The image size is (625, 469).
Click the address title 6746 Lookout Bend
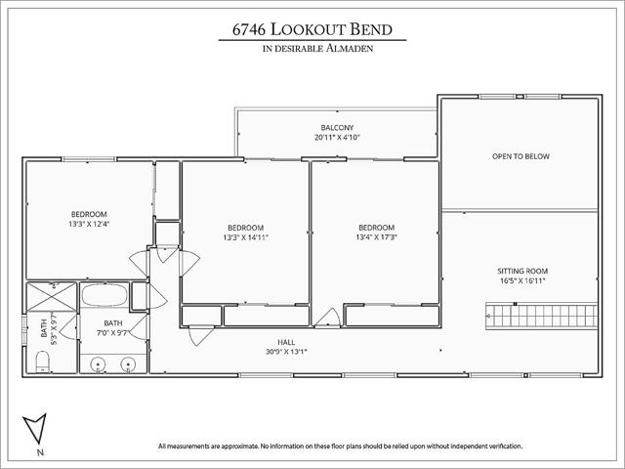tap(312, 29)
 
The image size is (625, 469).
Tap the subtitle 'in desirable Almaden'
tap(317, 49)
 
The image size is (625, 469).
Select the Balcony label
tap(337, 128)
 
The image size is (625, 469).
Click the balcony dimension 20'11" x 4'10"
tap(337, 137)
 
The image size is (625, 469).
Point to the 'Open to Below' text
tap(521, 156)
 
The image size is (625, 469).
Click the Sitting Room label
tap(522, 271)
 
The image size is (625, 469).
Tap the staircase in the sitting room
tap(542, 316)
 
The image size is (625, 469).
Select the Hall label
tap(286, 342)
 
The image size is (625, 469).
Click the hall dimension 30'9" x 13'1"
tap(286, 352)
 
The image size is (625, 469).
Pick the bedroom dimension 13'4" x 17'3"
tap(377, 237)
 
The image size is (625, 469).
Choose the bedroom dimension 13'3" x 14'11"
tap(245, 237)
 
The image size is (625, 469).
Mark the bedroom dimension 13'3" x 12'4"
tap(89, 224)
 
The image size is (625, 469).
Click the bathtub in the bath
tap(104, 295)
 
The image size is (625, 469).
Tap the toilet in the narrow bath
tap(42, 362)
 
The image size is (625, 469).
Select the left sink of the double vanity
tap(98, 364)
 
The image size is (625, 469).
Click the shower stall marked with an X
tap(52, 297)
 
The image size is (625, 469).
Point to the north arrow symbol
tap(35, 428)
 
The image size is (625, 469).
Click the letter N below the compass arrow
tap(40, 452)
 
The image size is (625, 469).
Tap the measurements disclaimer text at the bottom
tap(340, 446)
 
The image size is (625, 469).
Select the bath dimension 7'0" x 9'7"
tap(112, 332)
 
